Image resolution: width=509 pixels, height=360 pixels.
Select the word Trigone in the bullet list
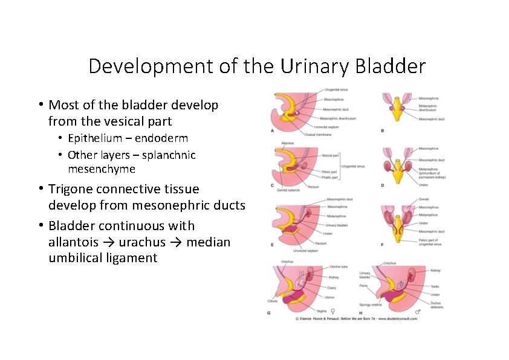tap(72, 190)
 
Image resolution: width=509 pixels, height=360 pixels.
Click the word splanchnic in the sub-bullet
tap(167, 155)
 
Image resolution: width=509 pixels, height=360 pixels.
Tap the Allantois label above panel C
tap(288, 143)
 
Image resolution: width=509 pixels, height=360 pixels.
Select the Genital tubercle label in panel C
tap(288, 190)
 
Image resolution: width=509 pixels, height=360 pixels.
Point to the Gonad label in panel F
tap(423, 201)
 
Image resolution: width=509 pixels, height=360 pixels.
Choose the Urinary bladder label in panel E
tap(337, 225)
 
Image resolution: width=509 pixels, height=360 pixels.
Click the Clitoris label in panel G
tap(273, 301)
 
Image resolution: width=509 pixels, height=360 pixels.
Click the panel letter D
tap(382, 185)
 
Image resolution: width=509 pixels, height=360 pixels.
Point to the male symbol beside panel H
tap(434, 312)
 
